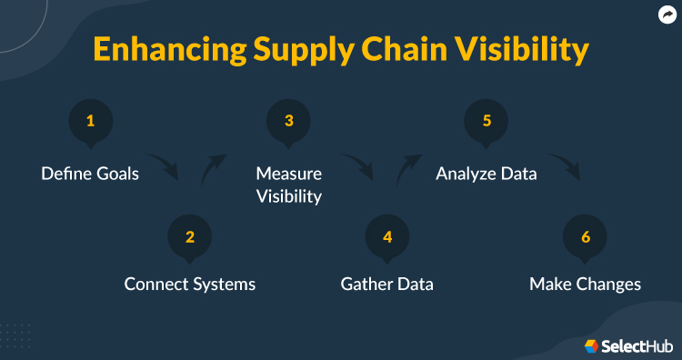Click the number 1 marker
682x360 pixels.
pos(91,122)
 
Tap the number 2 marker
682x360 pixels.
pos(190,238)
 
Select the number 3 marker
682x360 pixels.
pos(288,122)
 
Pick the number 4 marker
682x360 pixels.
pos(387,238)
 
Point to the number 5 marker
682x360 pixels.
pos(486,122)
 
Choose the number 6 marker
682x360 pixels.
pos(586,238)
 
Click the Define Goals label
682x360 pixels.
pos(90,173)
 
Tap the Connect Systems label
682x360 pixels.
pos(190,284)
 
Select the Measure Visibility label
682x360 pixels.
pos(288,184)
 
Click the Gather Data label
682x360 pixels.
pos(387,284)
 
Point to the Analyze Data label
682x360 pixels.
pos(486,173)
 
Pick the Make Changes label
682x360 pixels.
pos(586,284)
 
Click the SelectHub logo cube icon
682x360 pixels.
pos(591,345)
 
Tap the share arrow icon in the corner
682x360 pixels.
pos(666,15)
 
